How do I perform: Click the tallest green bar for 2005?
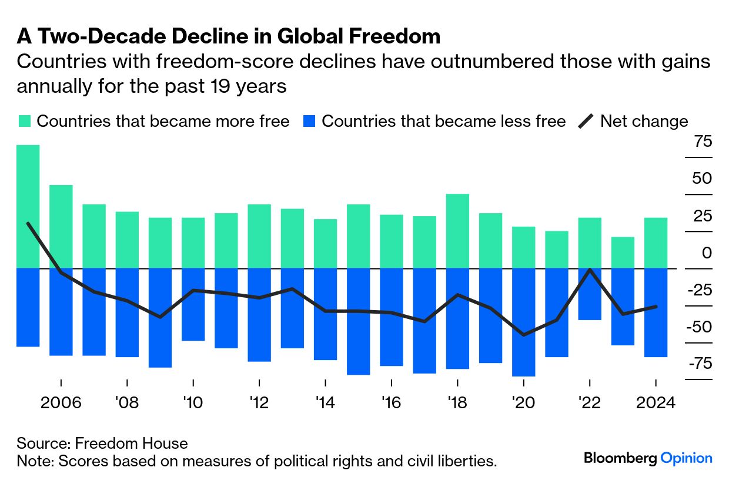(x=28, y=206)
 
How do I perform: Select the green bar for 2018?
(x=457, y=230)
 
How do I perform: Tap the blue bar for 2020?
(x=523, y=322)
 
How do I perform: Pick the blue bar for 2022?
(x=589, y=294)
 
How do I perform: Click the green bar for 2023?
(x=622, y=252)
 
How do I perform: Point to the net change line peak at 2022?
(x=589, y=270)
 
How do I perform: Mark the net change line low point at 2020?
(x=523, y=335)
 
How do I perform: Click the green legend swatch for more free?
(x=24, y=122)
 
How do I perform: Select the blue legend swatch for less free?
(x=309, y=122)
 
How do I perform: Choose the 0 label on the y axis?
(x=705, y=253)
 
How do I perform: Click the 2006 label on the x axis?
(x=61, y=404)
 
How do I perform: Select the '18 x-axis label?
(x=457, y=404)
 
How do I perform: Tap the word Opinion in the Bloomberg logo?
(x=686, y=458)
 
